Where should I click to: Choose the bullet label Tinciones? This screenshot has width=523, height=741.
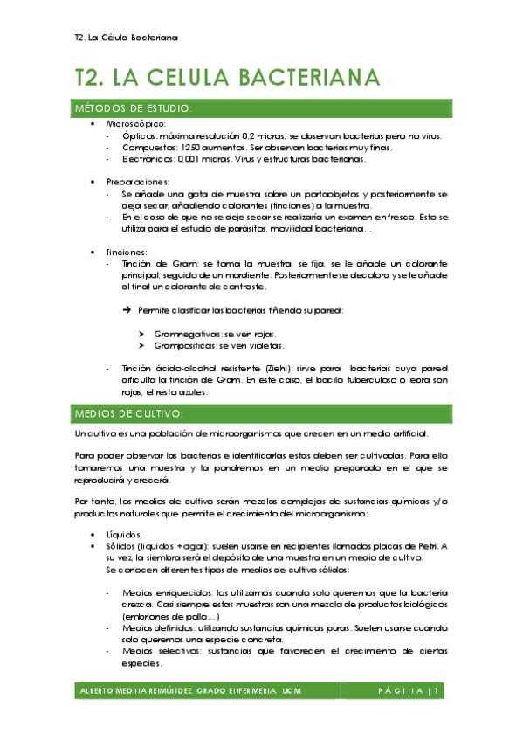[129, 252]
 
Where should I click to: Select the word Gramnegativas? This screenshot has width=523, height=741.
[188, 334]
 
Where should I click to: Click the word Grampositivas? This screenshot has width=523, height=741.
[187, 346]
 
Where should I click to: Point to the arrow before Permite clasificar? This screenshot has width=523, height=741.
[127, 310]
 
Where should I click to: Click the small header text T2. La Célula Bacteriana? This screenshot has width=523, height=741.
[127, 38]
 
